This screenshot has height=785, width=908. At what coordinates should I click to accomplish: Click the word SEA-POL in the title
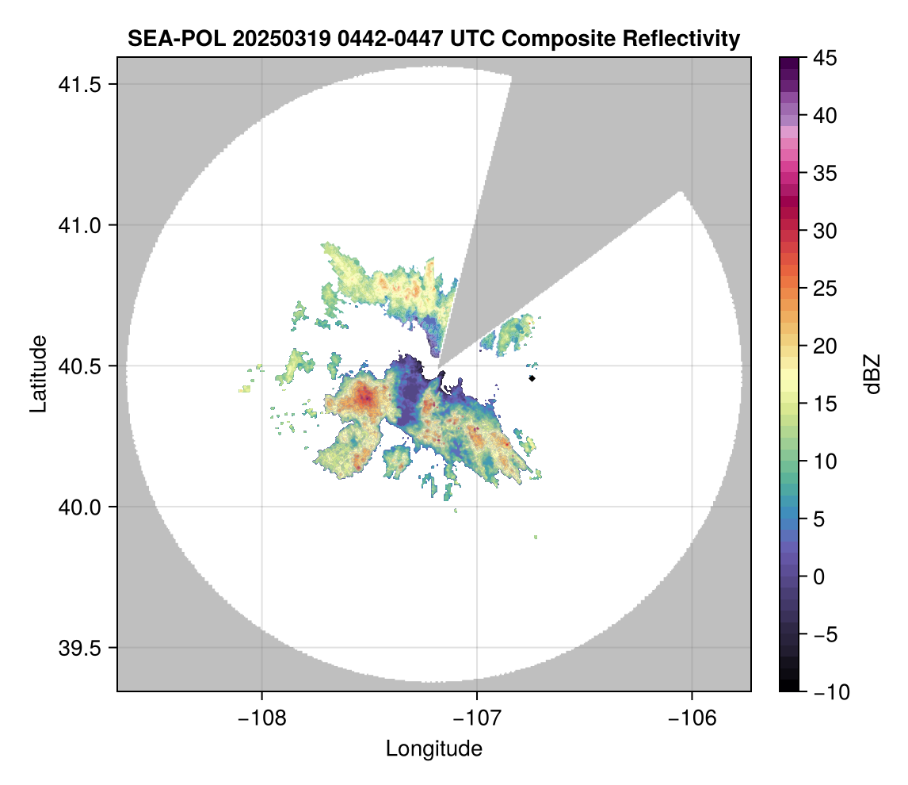177,39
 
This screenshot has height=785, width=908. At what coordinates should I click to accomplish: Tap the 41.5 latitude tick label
80,85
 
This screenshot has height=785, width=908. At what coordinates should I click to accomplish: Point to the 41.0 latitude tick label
80,225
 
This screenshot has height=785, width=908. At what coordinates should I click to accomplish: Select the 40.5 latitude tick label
80,366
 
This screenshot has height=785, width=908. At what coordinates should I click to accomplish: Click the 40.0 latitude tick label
80,507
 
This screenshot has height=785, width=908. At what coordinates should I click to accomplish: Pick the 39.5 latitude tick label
80,648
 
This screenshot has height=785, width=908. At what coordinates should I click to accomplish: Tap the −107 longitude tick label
477,718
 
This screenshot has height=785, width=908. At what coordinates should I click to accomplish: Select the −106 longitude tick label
692,718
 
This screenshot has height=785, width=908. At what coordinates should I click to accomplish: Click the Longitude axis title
434,749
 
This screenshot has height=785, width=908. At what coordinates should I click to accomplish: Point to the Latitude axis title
38,373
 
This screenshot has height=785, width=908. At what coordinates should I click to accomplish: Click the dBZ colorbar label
872,374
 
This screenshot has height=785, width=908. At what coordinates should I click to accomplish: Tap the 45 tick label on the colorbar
825,58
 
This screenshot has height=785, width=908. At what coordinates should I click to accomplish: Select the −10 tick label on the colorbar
832,691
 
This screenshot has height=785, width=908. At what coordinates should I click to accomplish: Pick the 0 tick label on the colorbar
818,577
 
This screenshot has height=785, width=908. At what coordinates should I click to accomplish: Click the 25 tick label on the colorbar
825,289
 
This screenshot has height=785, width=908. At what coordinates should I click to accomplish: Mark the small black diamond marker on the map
532,378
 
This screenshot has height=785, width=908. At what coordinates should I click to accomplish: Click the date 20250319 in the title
281,39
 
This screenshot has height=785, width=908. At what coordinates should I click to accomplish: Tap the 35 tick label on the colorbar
825,173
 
